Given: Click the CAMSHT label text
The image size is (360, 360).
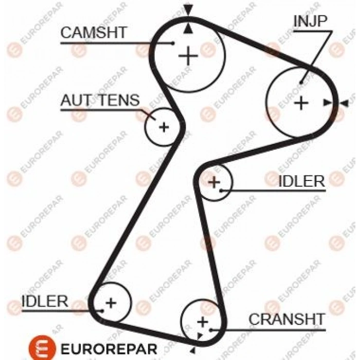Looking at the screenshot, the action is pos(94,32).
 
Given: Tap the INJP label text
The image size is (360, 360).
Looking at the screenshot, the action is pos(310,21).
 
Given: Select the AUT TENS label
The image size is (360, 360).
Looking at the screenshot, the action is pos(100,100).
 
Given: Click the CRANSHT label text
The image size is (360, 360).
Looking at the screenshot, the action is pos(287,319).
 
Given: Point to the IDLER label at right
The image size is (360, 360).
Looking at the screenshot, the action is pos(302,181).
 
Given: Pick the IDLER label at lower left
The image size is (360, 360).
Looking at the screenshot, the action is pos(45,301).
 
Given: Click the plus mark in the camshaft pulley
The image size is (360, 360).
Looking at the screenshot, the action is pos(188,56).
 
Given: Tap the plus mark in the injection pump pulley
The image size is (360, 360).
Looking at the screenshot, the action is pos(301,103).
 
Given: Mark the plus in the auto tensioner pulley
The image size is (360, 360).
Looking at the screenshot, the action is pos(164,127).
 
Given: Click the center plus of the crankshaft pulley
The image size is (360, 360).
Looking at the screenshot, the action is pos(203,321).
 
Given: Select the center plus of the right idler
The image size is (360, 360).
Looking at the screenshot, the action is pos(214,182).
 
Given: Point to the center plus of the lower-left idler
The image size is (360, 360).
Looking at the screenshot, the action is pos(111,302).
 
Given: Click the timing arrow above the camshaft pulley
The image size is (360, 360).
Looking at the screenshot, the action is pos(188,10).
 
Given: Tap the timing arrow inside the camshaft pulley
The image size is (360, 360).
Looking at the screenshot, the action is pos(188,28).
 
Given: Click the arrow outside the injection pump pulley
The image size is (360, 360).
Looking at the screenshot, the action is pos(344,103).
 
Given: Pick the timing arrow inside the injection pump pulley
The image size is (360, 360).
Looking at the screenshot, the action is pos(328,102).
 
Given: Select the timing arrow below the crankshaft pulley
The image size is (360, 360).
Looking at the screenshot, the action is pos(192,350).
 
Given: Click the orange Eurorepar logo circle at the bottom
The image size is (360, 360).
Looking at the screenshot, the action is pos(42,348).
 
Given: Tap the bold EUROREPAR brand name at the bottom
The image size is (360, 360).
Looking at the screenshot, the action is pos(109,349).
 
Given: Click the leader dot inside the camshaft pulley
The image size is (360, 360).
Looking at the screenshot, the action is pos(173,43).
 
